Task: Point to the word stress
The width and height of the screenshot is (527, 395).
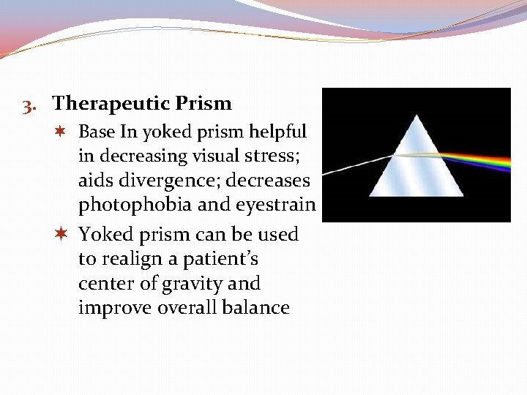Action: click(249, 156)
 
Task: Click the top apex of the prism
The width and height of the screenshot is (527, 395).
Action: click(416, 116)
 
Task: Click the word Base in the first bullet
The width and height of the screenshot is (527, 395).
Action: click(96, 132)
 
